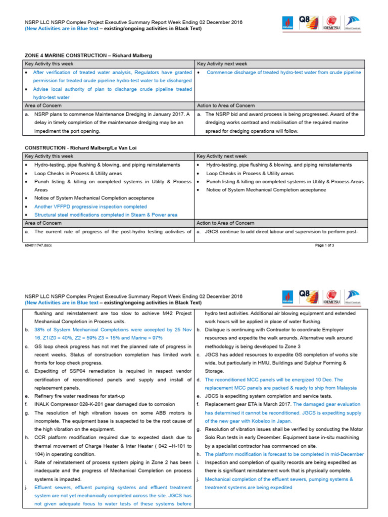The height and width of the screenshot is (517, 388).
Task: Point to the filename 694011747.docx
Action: [38, 245]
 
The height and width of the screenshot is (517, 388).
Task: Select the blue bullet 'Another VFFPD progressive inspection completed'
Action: [90, 206]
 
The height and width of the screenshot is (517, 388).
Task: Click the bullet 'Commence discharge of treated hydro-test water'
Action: [284, 72]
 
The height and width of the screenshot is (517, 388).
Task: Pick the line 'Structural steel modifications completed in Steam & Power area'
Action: [106, 215]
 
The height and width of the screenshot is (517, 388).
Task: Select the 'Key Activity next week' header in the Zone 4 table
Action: [222, 64]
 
